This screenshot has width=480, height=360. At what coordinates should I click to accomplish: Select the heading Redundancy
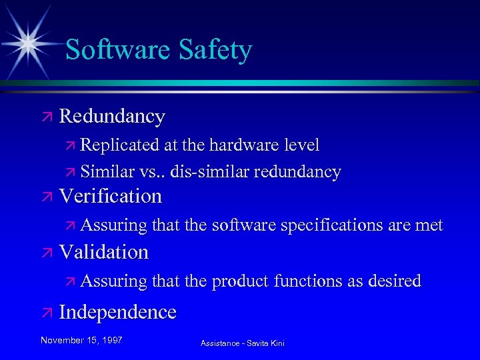[112, 117]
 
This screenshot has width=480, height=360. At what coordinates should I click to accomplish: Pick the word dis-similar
[209, 172]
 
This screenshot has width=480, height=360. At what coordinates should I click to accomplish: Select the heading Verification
[111, 196]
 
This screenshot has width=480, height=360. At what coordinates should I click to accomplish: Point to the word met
[429, 226]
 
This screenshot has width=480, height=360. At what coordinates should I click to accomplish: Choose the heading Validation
[104, 252]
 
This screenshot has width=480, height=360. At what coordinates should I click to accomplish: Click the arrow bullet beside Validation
[47, 253]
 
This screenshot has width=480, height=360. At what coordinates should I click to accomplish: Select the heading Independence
[118, 312]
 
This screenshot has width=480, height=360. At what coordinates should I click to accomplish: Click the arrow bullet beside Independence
[47, 313]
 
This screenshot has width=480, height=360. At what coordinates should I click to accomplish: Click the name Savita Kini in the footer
[266, 343]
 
